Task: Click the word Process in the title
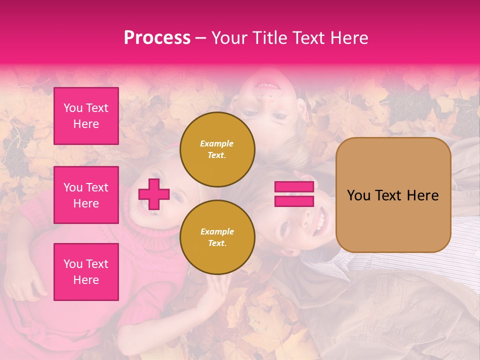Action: tap(157, 38)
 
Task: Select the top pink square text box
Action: tap(86, 116)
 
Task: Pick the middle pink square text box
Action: tap(86, 195)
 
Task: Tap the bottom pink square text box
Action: tap(86, 272)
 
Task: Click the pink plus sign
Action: tap(154, 194)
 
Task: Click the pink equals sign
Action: tap(294, 194)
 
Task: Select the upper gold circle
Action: tap(217, 149)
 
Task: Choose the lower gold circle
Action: tap(217, 237)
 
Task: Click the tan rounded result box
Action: tap(393, 195)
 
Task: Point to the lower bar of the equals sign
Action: tap(294, 201)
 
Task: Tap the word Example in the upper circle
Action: tap(217, 143)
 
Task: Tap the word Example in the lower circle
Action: tap(217, 231)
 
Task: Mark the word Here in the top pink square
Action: tap(86, 124)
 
